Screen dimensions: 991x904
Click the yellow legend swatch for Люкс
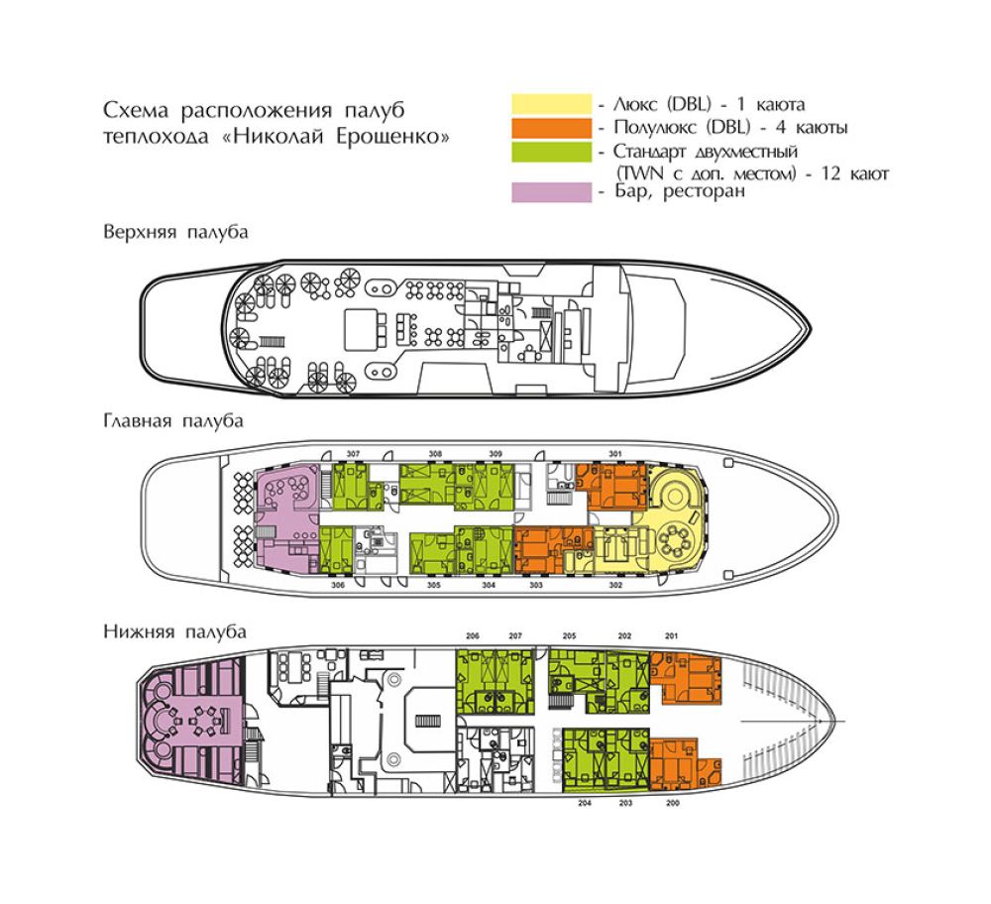(552, 104)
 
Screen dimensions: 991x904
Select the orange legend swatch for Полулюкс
(552, 128)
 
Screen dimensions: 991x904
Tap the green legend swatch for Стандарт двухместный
(552, 152)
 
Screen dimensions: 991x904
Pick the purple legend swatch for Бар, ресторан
(552, 192)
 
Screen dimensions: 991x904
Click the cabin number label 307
(354, 454)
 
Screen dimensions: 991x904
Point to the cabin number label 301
(615, 454)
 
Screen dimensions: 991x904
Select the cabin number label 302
(615, 586)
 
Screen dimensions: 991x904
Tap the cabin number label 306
(338, 586)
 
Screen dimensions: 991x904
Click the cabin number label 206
(473, 636)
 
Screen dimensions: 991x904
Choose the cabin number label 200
(673, 803)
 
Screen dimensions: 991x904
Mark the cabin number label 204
(585, 803)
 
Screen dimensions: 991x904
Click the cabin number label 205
(570, 636)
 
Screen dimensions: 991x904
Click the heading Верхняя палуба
(175, 232)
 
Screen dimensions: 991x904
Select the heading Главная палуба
(173, 421)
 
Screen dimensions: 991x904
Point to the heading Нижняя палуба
(174, 631)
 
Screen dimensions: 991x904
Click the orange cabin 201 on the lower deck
(687, 676)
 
